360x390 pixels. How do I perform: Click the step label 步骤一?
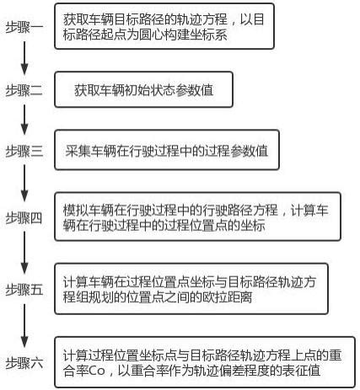pyautogui.click(x=24, y=27)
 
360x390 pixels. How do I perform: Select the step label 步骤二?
pyautogui.click(x=24, y=90)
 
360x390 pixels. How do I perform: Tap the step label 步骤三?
pyautogui.click(x=24, y=151)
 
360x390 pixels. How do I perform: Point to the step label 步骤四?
pyautogui.click(x=24, y=218)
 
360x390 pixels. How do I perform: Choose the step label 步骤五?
pyautogui.click(x=24, y=290)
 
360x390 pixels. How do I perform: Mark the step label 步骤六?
pyautogui.click(x=24, y=363)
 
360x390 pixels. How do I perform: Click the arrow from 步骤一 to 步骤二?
pyautogui.click(x=24, y=58)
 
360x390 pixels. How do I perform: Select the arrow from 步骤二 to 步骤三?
pyautogui.click(x=24, y=120)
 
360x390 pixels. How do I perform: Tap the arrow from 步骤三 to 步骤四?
pyautogui.click(x=24, y=183)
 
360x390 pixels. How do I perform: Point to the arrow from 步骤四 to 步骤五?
pyautogui.click(x=24, y=253)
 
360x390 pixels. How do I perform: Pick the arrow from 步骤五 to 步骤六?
pyautogui.click(x=24, y=326)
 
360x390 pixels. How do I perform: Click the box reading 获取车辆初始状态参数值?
pyautogui.click(x=143, y=89)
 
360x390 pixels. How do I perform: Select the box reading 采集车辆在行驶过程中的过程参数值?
pyautogui.click(x=167, y=150)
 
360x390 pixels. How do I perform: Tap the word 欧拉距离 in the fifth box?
pyautogui.click(x=227, y=297)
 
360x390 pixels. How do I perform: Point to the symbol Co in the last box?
pyautogui.click(x=97, y=371)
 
